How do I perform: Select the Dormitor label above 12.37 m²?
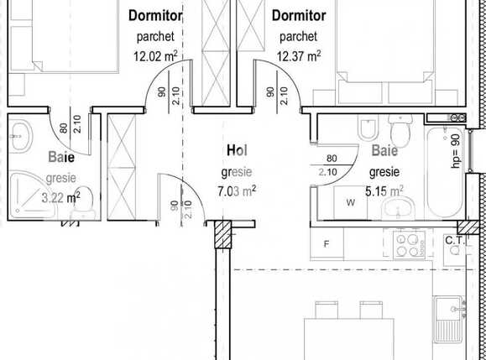(298, 16)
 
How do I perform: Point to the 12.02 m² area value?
(158, 57)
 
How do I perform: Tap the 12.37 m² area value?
(298, 57)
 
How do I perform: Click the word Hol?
(237, 150)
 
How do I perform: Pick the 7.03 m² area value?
(237, 190)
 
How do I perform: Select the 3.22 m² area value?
(61, 198)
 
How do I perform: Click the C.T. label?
(456, 241)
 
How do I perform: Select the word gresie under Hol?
(237, 171)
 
